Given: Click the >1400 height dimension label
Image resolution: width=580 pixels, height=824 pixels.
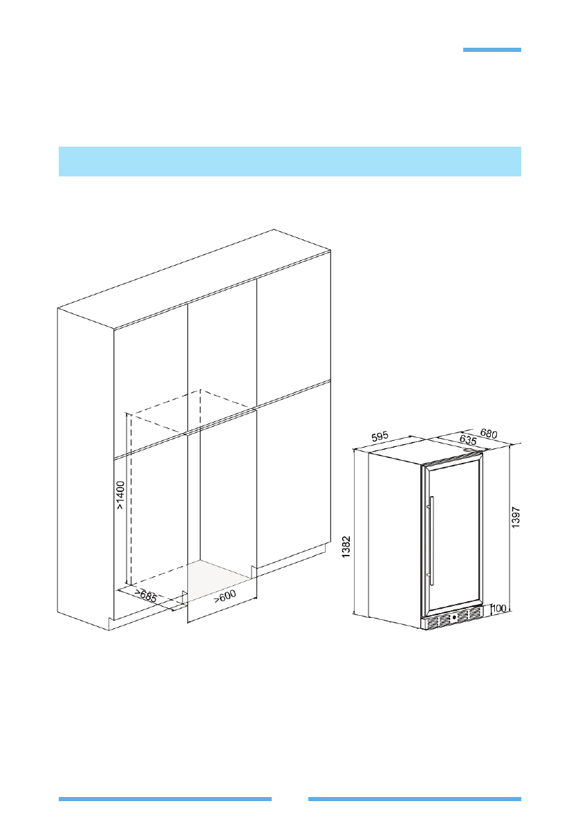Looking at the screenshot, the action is [x=121, y=496].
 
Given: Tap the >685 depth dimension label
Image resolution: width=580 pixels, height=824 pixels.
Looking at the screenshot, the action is [x=145, y=594].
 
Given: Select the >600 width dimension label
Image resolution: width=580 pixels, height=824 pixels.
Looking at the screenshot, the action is [x=224, y=596].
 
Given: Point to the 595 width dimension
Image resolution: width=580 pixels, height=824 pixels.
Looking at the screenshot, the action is [x=380, y=437].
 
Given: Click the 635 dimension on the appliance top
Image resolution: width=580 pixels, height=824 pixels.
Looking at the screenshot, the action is [x=449, y=441].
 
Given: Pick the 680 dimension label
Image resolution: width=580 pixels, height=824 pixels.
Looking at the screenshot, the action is [x=488, y=434].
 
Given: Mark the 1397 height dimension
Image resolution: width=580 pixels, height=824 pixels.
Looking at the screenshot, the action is [x=516, y=518].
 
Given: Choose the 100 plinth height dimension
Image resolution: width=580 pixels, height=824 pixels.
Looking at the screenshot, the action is [x=499, y=609].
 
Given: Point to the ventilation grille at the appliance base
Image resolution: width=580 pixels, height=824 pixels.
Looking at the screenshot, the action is [x=453, y=620].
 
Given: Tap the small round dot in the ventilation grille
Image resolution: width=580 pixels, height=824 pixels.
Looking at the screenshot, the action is [x=453, y=617].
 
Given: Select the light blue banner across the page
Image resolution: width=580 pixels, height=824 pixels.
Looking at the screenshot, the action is [x=290, y=161].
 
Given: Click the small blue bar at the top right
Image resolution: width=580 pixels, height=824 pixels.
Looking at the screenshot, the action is [x=492, y=50].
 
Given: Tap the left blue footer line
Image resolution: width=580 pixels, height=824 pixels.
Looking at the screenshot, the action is [x=165, y=798].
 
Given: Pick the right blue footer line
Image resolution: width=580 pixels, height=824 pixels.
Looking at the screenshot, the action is [x=414, y=798].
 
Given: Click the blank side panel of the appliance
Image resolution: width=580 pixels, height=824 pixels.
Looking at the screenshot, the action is [x=394, y=540].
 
